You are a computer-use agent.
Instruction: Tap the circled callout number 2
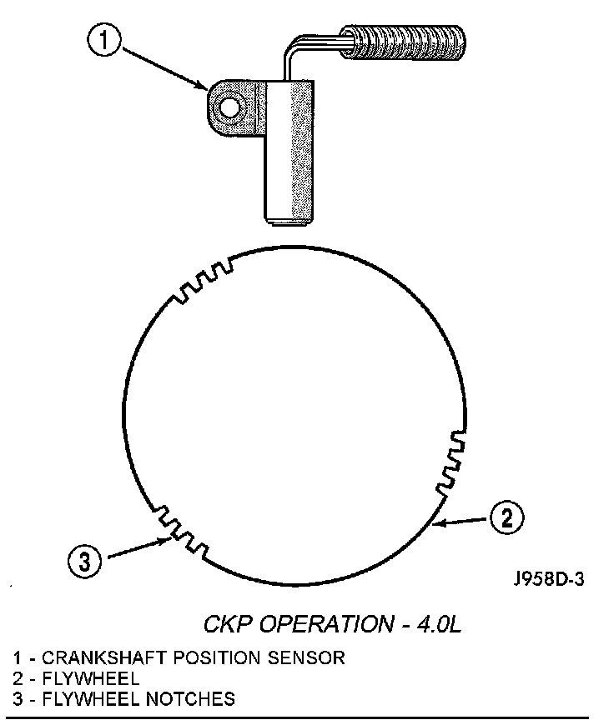507,517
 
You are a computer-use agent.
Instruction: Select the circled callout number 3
84,560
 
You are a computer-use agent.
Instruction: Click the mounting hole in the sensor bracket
228,106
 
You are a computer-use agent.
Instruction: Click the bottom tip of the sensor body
289,219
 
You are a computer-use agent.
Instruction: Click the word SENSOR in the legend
305,657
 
